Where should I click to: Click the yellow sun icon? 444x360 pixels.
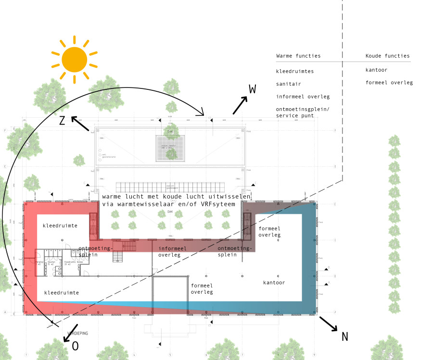(x=75, y=59)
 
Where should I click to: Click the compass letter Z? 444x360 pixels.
(x=62, y=121)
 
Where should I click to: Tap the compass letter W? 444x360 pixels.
(x=253, y=89)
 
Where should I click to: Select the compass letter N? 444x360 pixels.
(x=344, y=336)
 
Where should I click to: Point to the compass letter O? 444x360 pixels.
(x=75, y=346)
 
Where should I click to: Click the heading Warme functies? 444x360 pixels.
(x=298, y=56)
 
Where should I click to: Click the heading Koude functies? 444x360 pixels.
(x=387, y=56)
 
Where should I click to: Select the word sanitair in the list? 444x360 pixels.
(x=289, y=84)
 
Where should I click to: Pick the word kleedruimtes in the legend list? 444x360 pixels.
(x=295, y=71)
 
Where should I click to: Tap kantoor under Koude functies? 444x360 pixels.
(x=376, y=70)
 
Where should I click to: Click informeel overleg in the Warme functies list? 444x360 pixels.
(x=303, y=96)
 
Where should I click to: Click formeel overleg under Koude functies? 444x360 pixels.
(x=389, y=82)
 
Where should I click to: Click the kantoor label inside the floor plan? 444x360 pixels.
(x=274, y=283)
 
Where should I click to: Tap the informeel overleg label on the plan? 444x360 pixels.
(x=172, y=251)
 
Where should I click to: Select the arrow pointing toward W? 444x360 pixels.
(x=240, y=106)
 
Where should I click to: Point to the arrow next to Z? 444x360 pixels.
(x=80, y=124)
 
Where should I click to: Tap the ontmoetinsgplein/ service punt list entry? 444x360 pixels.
(x=303, y=112)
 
